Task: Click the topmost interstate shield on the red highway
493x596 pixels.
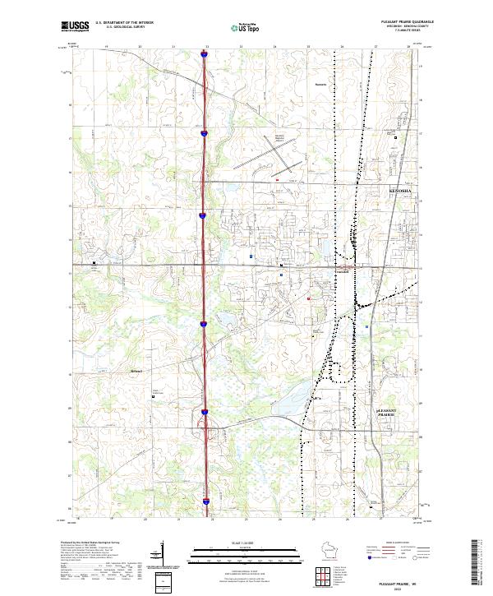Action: pos(204,56)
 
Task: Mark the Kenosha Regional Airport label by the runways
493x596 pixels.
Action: pos(283,138)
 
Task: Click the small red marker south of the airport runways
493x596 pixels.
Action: pos(278,178)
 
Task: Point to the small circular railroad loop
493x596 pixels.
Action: pos(338,372)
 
